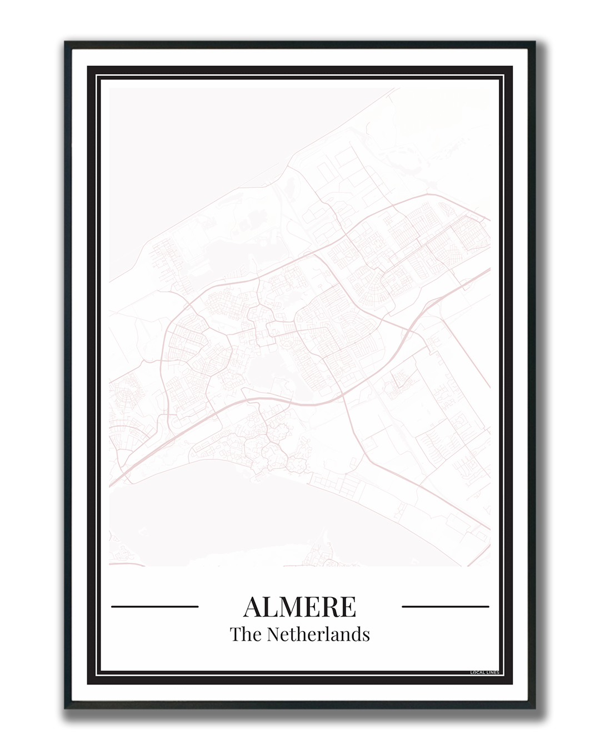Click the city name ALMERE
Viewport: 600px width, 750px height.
[299, 607]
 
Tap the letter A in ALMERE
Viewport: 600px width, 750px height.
[253, 607]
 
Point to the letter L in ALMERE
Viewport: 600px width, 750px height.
[270, 607]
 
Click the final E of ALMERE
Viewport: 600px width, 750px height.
[348, 607]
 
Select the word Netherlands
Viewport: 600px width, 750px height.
[318, 634]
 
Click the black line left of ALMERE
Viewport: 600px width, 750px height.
[155, 607]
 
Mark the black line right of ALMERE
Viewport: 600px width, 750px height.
[445, 607]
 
